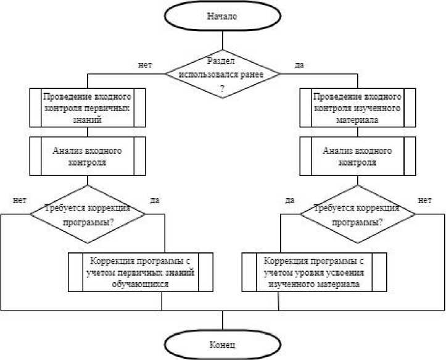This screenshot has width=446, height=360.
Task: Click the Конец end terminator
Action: coord(222,344)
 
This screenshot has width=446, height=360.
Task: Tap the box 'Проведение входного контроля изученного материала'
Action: coord(358,107)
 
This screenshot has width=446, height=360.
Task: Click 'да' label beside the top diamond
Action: coord(299,64)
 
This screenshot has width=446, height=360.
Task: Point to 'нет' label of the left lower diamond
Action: coord(19,199)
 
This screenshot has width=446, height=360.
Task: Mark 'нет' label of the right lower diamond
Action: coord(424,199)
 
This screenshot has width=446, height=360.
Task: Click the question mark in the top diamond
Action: coord(222,87)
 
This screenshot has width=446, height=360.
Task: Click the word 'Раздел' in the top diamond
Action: coord(222,61)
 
